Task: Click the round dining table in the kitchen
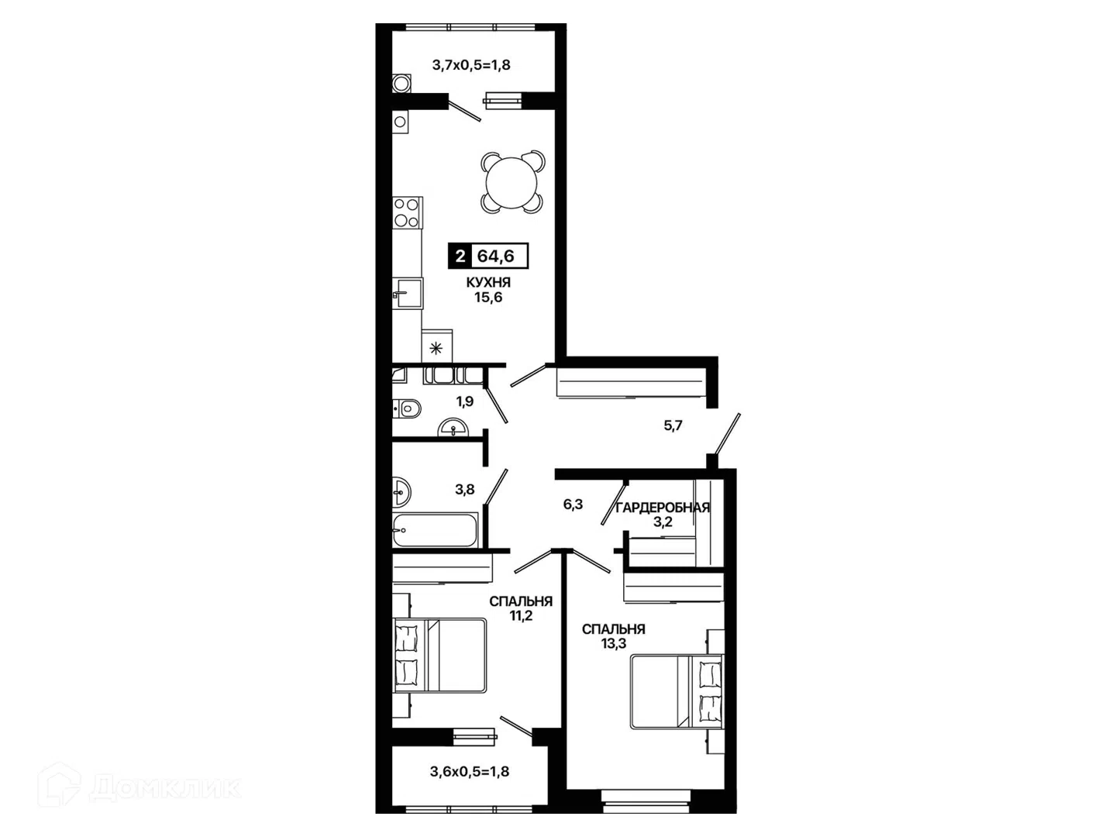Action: tap(511, 182)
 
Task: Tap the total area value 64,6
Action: tap(496, 256)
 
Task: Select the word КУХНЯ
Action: tap(488, 283)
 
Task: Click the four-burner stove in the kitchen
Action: tap(407, 212)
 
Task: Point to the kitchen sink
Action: tap(408, 293)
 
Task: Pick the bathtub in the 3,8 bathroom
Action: tap(436, 530)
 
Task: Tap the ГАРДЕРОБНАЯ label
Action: tap(662, 508)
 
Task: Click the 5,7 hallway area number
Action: tap(673, 425)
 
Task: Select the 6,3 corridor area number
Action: tap(573, 504)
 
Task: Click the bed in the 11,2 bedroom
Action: tap(439, 655)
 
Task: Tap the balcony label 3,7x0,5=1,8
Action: tap(470, 65)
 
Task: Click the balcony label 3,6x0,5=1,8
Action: tap(470, 771)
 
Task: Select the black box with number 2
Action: tap(460, 256)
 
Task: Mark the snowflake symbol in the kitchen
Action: tap(436, 349)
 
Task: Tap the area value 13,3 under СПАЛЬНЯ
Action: tap(614, 643)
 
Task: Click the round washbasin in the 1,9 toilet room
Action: tap(453, 428)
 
